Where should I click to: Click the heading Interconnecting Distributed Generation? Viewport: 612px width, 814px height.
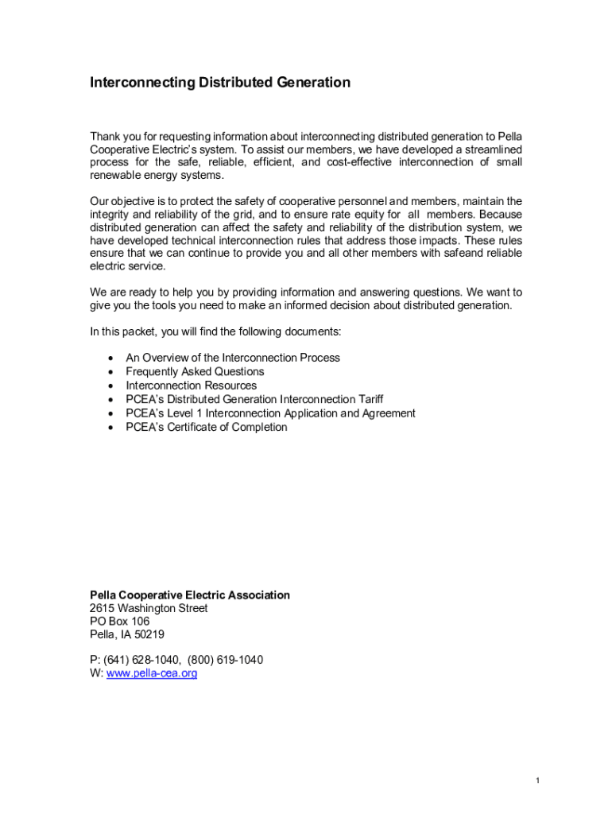(x=219, y=83)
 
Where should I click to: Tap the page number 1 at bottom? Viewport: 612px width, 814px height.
(x=537, y=781)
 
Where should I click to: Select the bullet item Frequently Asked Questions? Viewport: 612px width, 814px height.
(x=195, y=371)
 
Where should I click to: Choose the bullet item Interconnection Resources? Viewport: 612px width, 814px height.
(x=191, y=386)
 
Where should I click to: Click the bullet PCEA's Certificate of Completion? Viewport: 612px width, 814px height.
(x=206, y=427)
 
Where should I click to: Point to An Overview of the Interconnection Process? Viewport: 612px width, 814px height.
(x=232, y=358)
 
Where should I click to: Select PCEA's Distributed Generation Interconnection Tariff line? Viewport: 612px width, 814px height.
(x=254, y=399)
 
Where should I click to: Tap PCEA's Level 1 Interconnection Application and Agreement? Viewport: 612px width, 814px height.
(x=270, y=413)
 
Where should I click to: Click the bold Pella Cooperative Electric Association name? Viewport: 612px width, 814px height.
(x=189, y=595)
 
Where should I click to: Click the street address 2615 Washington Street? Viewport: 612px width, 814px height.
(x=149, y=608)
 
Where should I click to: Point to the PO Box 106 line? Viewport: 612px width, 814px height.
(x=119, y=621)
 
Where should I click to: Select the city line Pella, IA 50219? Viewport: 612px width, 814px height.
(x=127, y=634)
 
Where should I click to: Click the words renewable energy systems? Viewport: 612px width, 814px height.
(x=156, y=175)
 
